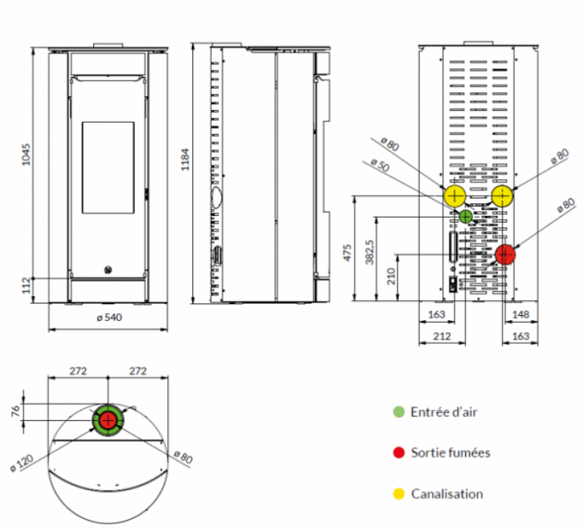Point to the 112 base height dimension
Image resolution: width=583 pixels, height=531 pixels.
click(x=26, y=284)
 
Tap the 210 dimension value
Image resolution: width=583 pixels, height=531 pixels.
click(x=391, y=277)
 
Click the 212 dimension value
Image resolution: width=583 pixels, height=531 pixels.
click(x=442, y=336)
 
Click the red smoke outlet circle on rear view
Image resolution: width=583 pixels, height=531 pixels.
click(x=506, y=254)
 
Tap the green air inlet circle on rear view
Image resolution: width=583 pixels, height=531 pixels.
click(x=466, y=216)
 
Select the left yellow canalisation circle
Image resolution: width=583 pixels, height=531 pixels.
click(x=454, y=196)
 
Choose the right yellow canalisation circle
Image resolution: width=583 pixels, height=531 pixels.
click(x=502, y=196)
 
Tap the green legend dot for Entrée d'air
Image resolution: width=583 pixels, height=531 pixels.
click(x=398, y=412)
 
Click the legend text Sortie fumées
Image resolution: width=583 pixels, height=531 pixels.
click(x=450, y=453)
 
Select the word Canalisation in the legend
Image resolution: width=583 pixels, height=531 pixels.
click(x=447, y=494)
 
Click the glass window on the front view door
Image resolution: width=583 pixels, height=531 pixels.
click(x=108, y=167)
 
